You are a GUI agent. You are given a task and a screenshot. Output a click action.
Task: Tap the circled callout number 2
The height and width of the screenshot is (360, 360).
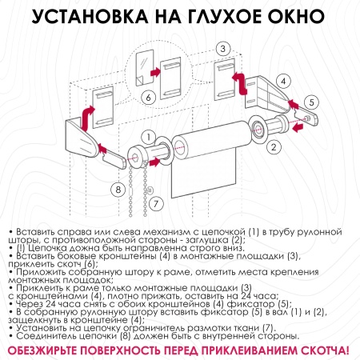(x=274, y=146)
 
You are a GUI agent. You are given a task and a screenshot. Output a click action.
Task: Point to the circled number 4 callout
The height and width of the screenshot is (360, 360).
(x=282, y=81)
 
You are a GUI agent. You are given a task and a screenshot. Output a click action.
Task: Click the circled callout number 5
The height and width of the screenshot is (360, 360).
(x=313, y=102)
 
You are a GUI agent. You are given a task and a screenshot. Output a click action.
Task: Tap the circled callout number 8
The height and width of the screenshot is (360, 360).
(x=118, y=189)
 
